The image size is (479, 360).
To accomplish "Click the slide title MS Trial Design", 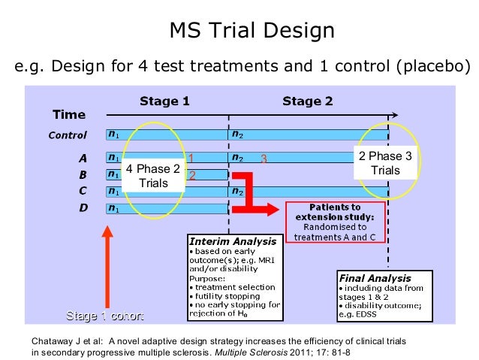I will coord(252,31).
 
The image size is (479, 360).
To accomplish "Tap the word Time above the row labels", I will coord(68,115).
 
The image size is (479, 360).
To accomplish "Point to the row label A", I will coord(83,159).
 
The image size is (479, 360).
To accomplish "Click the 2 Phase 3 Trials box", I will coord(385,163).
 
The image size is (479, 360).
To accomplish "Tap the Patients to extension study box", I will coord(334,222).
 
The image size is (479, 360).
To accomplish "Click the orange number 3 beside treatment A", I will coord(264,159).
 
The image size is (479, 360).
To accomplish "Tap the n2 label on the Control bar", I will coord(237,135).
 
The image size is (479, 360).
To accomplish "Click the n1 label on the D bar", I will coord(113,207).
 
